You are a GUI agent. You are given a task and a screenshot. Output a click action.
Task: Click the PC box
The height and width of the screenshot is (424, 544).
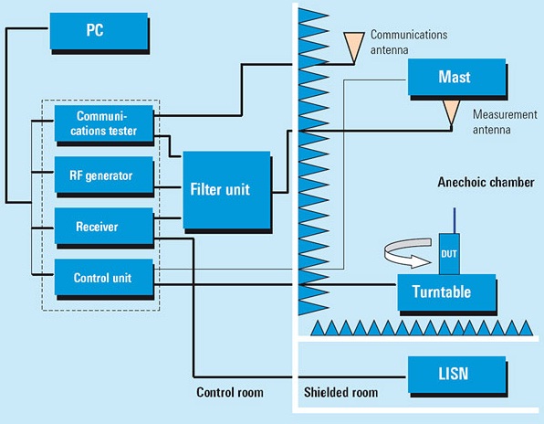coord(99,31)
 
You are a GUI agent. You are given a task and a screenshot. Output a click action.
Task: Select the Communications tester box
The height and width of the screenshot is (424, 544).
coord(104,123)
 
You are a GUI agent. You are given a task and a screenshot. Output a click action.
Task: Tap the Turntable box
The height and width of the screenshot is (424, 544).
coord(446,292)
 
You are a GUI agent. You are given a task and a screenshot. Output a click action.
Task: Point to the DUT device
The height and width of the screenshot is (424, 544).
coord(449,254)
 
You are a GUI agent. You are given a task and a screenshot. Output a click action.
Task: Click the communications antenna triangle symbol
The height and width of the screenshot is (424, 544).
coord(354,48)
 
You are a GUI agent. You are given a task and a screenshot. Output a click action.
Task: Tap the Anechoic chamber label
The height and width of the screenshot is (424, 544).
coord(486,182)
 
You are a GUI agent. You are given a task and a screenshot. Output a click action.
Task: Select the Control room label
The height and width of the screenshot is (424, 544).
coord(230,392)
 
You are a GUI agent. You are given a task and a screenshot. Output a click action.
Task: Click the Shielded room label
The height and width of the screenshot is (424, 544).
coord(340,392)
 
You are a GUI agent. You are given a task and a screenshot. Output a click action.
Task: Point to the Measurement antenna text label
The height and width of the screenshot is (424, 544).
coord(505,122)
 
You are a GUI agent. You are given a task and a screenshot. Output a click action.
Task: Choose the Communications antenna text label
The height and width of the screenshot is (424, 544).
coord(409,42)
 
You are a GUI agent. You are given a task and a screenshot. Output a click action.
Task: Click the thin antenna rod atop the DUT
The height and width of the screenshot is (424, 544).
coord(455,220)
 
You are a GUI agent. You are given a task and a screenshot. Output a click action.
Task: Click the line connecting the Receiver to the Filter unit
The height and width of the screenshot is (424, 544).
coord(167,218)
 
